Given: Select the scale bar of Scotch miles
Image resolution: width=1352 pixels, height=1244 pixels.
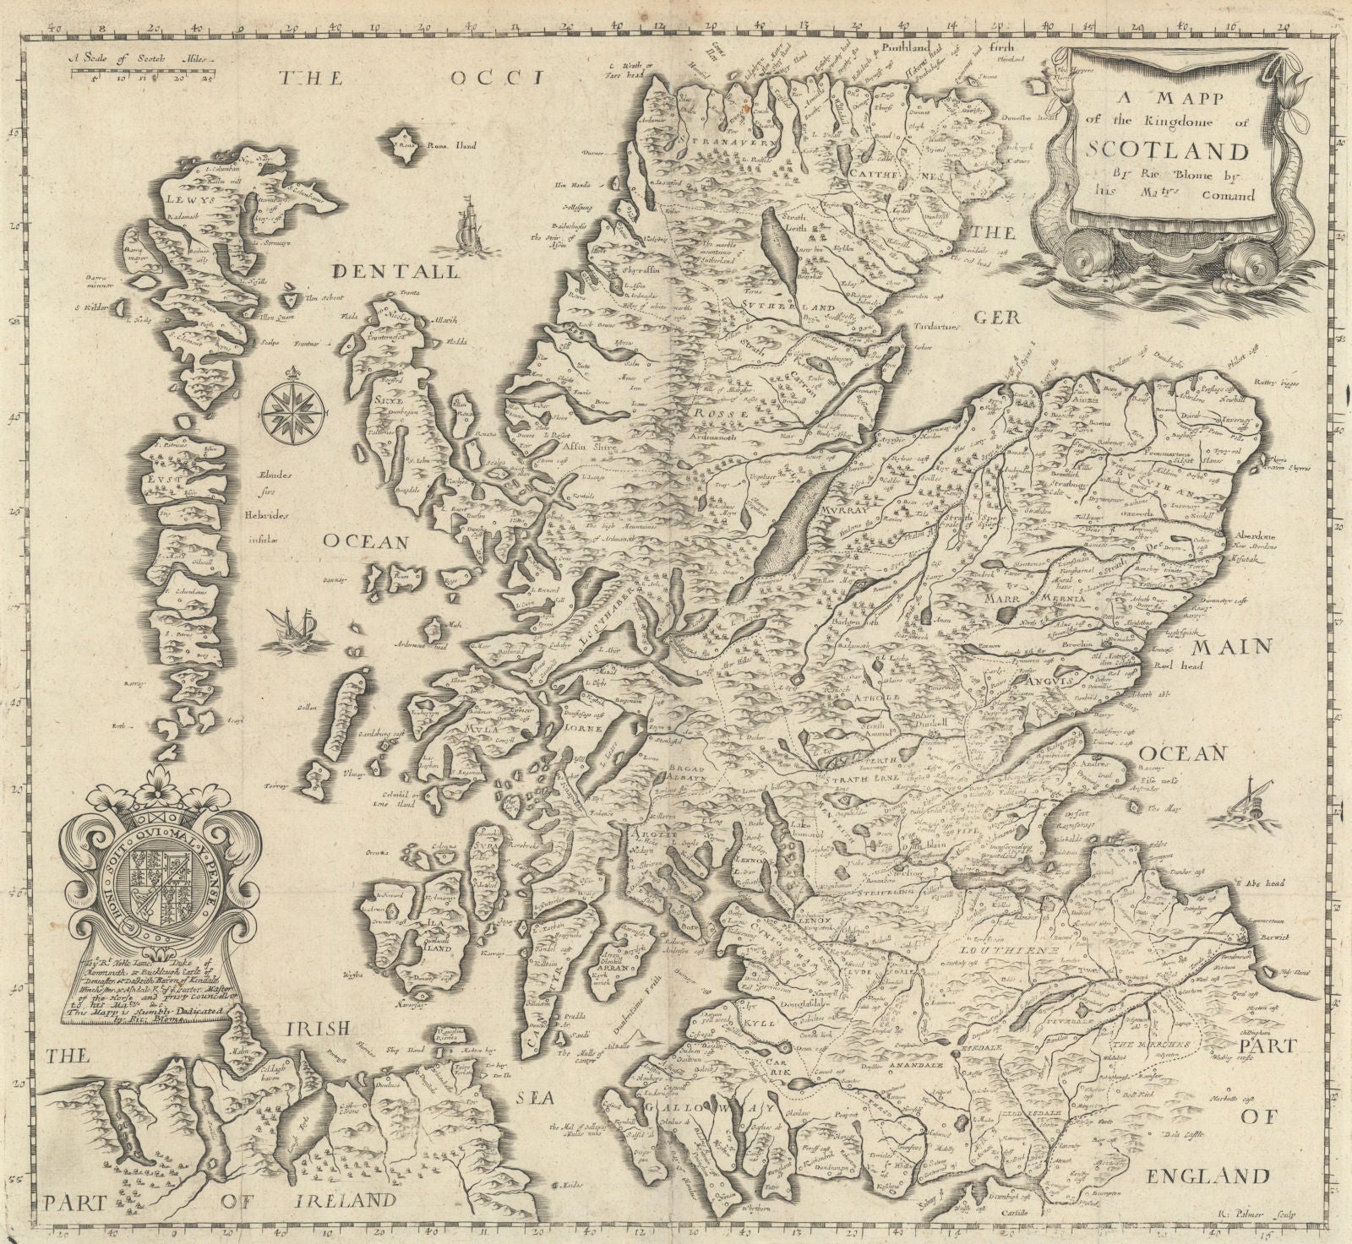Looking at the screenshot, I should click(140, 74).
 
